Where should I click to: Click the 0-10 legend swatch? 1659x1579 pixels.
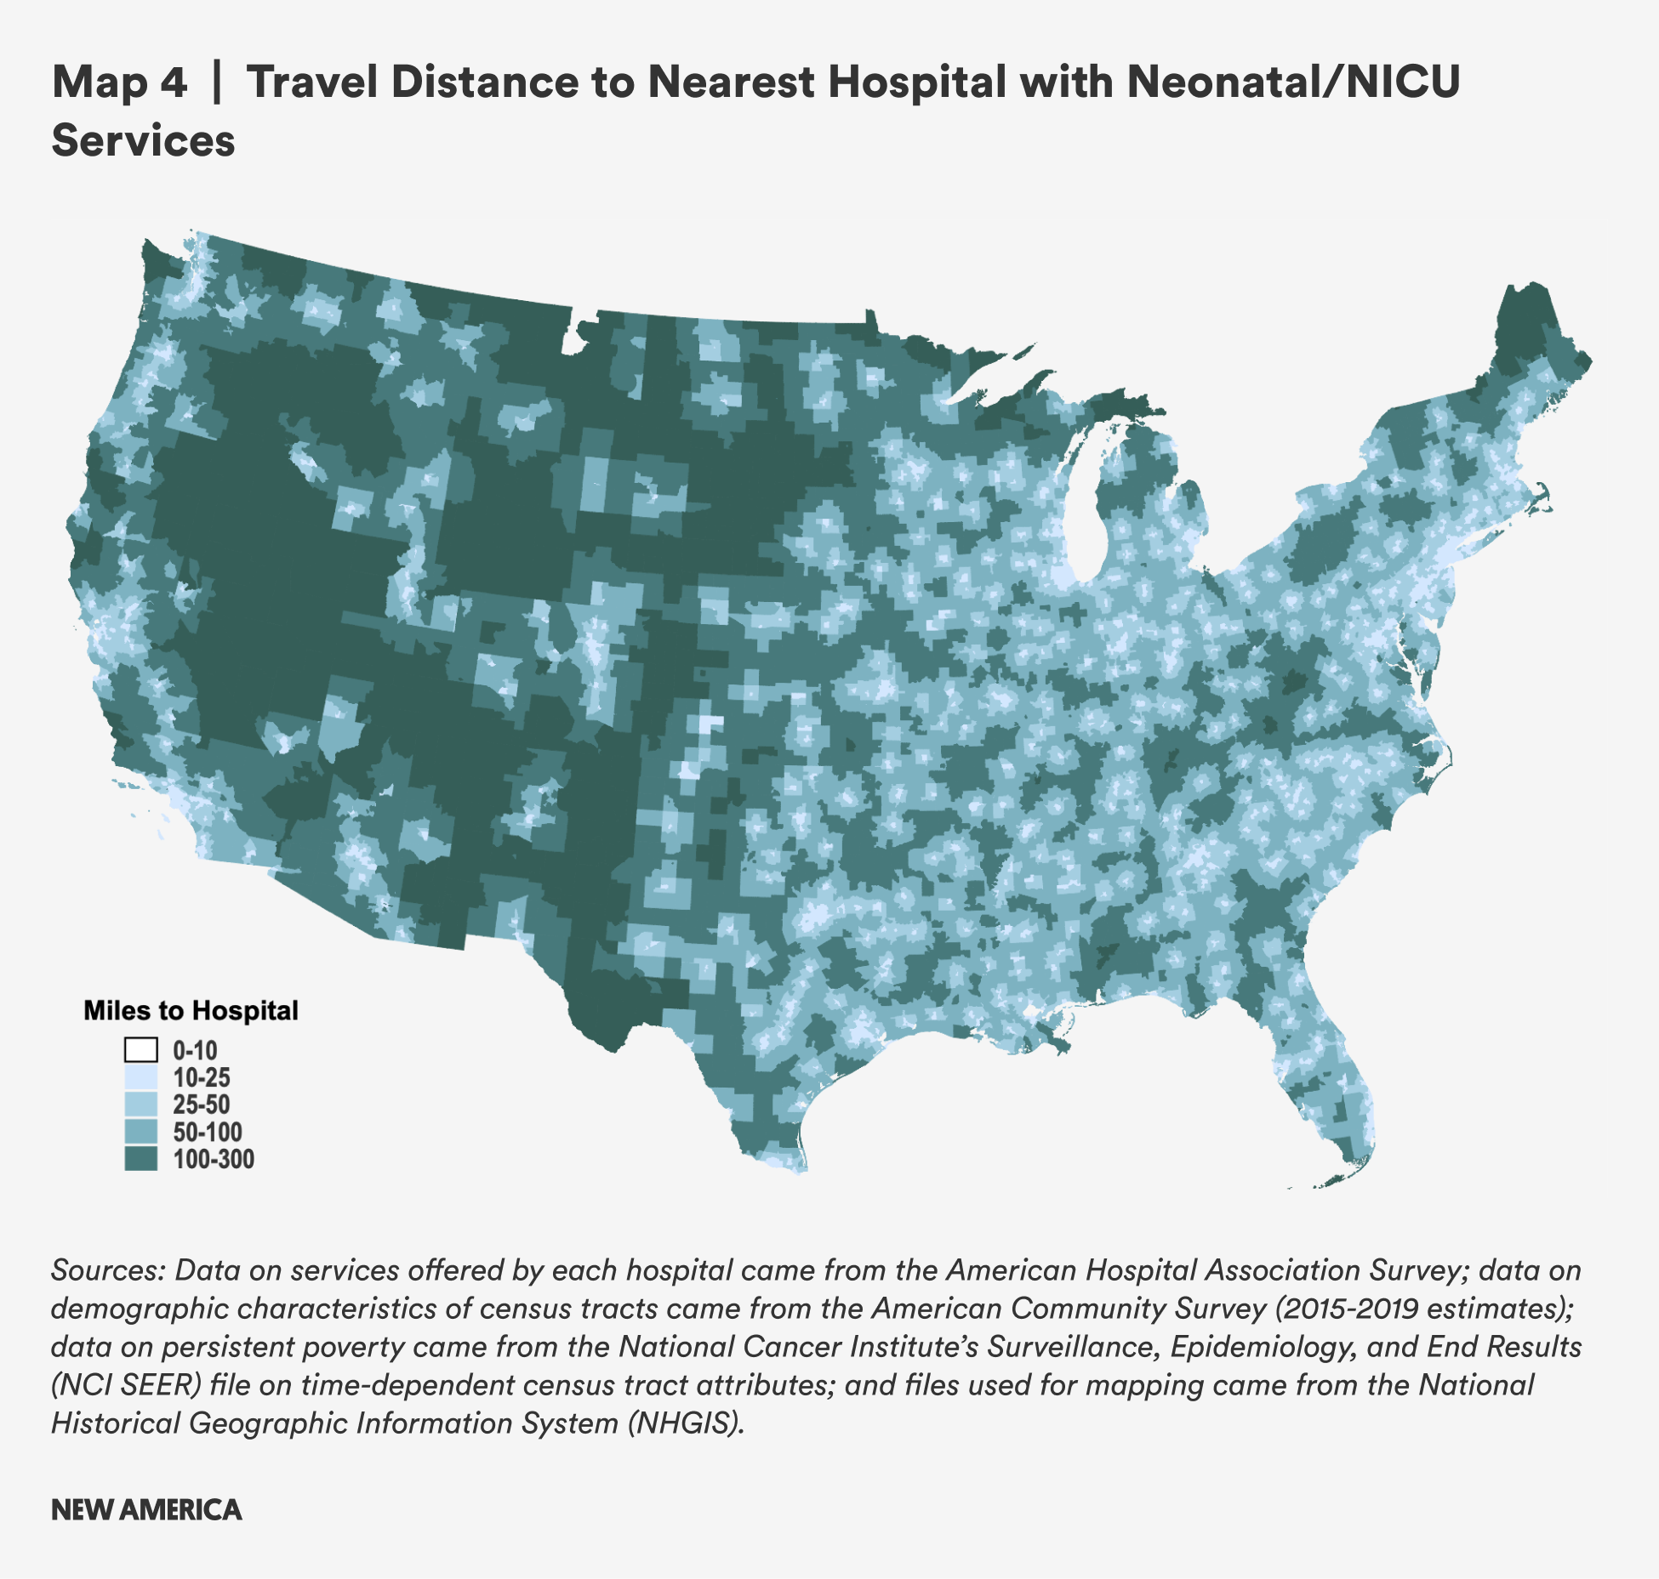tap(140, 1050)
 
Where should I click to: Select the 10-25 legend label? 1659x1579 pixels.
tap(202, 1078)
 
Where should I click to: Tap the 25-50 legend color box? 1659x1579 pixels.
tap(140, 1105)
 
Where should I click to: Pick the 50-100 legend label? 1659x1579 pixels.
tap(208, 1133)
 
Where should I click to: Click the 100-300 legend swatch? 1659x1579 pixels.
tap(140, 1159)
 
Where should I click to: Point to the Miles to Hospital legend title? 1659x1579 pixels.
tap(191, 1010)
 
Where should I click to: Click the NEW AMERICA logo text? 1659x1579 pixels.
tap(146, 1510)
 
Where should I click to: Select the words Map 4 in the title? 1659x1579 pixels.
tap(119, 82)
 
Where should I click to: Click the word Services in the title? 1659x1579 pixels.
tap(143, 141)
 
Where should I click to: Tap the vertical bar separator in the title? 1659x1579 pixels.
tap(216, 82)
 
